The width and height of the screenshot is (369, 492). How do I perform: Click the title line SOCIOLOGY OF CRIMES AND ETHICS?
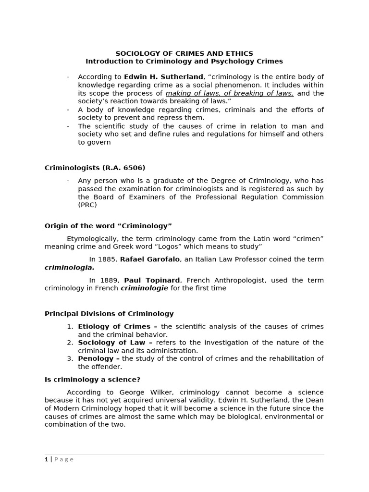point(184,53)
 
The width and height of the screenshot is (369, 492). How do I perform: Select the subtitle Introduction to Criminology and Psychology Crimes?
point(184,61)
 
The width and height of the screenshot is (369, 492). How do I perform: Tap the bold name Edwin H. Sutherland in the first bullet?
point(164,77)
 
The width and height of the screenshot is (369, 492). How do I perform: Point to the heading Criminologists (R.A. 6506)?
point(95,168)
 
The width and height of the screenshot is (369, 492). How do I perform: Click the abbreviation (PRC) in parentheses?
point(87,205)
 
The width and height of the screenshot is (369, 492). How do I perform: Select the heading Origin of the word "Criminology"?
point(108,226)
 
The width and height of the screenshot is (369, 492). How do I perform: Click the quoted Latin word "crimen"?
point(307,238)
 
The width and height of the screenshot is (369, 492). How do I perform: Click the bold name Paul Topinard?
point(152,280)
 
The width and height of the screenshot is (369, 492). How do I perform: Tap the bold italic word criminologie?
point(144,288)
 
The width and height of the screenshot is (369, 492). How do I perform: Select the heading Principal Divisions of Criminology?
point(109,314)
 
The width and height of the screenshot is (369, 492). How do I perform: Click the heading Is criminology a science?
point(92,380)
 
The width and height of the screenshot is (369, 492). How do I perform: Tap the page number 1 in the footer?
point(47,459)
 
